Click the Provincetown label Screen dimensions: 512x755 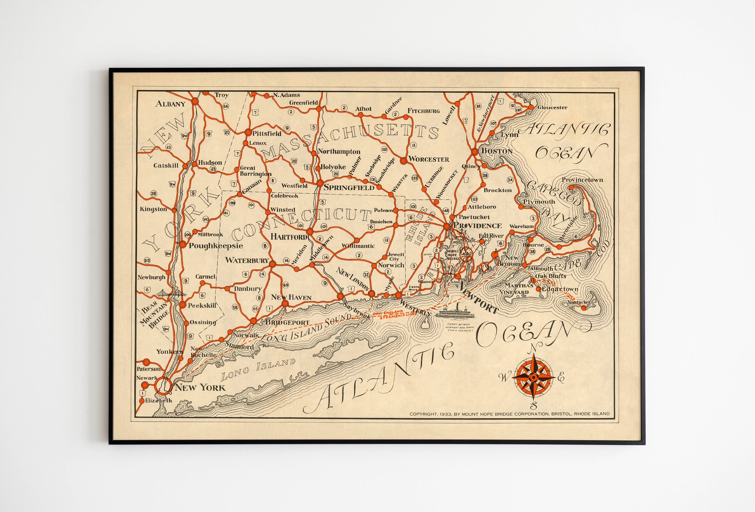coord(582,180)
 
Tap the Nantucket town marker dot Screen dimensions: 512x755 coord(583,308)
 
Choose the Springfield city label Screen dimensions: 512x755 coord(349,188)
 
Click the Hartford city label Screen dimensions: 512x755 coord(288,237)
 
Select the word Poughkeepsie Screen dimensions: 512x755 coord(216,246)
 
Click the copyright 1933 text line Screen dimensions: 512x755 coord(509,414)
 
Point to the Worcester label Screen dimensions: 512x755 coord(429,159)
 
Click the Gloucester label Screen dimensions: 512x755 coord(552,108)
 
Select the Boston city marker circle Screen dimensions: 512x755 coord(474,151)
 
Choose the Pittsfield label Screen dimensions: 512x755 coord(267,133)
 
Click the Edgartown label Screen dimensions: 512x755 coord(560,289)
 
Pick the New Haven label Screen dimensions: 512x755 coord(291,297)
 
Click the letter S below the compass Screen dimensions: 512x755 coord(533,406)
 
